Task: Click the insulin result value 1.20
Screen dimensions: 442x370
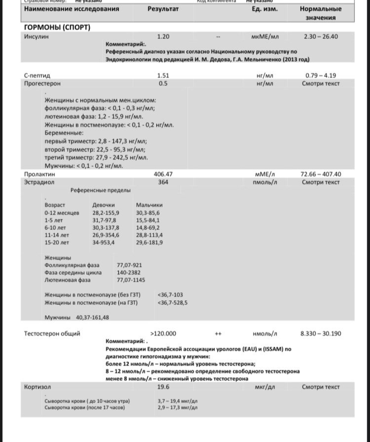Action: (x=163, y=37)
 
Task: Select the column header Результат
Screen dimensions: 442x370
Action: (x=163, y=9)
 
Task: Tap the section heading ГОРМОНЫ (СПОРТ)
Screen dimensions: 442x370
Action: (x=57, y=28)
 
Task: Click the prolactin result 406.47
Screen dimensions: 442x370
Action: (x=163, y=174)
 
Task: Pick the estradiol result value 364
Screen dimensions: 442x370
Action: (x=163, y=182)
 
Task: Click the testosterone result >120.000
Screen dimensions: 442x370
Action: (x=163, y=333)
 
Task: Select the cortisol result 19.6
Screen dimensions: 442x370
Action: (x=163, y=387)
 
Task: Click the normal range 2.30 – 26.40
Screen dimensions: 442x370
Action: (x=320, y=37)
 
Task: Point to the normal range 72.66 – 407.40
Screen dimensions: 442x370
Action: (x=320, y=174)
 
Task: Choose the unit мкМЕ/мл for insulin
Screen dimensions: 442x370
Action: (x=265, y=37)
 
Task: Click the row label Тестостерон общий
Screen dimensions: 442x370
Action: (x=52, y=333)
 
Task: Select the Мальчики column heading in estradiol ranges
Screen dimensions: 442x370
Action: (x=149, y=205)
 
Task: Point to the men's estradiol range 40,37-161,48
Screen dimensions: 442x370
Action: (x=92, y=317)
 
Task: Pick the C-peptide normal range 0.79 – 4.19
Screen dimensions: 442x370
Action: (x=320, y=76)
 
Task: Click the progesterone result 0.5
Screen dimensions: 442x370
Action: (x=163, y=84)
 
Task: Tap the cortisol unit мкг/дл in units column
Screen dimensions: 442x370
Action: (x=265, y=387)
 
